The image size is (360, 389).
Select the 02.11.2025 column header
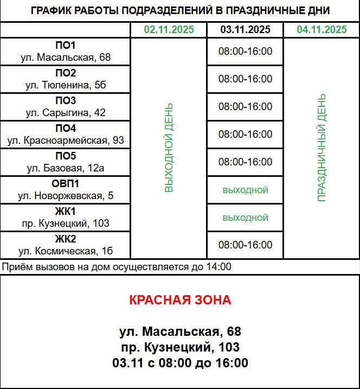pos(169,30)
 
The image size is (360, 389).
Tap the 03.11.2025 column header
pos(245,30)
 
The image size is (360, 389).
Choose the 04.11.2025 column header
pos(322,30)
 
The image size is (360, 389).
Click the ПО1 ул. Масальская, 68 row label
pos(66,52)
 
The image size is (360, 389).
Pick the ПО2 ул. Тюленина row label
pos(66,79)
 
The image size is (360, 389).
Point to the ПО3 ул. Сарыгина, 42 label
pos(66,107)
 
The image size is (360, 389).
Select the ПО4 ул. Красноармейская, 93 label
pos(66,135)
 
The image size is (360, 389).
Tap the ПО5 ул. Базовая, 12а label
pos(66,162)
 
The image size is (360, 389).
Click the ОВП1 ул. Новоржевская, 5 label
pos(66,190)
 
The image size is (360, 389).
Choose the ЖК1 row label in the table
pos(66,218)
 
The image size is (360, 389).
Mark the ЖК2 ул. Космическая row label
pos(66,245)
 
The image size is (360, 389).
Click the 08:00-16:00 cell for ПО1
pos(245,52)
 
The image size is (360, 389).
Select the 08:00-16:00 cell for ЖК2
pos(245,245)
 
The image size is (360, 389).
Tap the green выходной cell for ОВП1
pos(245,190)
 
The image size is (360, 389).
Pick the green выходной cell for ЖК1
pos(245,218)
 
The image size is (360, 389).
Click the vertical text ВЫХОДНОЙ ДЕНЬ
pos(169,148)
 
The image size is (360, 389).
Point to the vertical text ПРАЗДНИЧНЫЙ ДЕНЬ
pos(322,148)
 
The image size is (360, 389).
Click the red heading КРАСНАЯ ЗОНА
pos(180,300)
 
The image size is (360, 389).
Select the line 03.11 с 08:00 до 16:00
pos(180,363)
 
